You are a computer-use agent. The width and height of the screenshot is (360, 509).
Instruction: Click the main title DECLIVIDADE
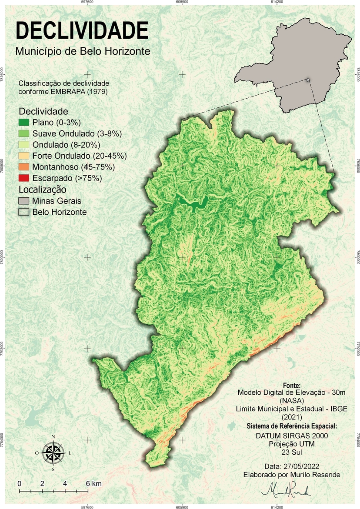81,31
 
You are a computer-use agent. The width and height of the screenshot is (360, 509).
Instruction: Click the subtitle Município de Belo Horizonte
83,51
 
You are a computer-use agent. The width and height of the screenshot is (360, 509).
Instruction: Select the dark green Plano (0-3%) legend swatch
24,122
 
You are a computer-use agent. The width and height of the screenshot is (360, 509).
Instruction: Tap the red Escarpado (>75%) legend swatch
24,178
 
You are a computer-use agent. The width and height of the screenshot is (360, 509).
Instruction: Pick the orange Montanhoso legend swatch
24,167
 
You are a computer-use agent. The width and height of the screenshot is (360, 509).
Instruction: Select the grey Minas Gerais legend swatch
24,201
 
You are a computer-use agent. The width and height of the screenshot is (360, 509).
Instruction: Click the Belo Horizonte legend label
60,212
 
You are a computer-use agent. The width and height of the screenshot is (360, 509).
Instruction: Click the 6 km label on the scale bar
93,483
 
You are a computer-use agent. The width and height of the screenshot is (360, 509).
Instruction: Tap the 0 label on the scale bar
20,483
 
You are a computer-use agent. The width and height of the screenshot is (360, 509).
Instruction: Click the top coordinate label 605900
182,2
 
